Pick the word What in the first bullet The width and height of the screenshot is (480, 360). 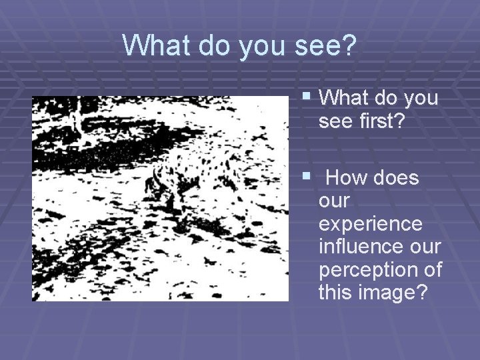pos(345,99)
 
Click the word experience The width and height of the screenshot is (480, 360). pos(371,224)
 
